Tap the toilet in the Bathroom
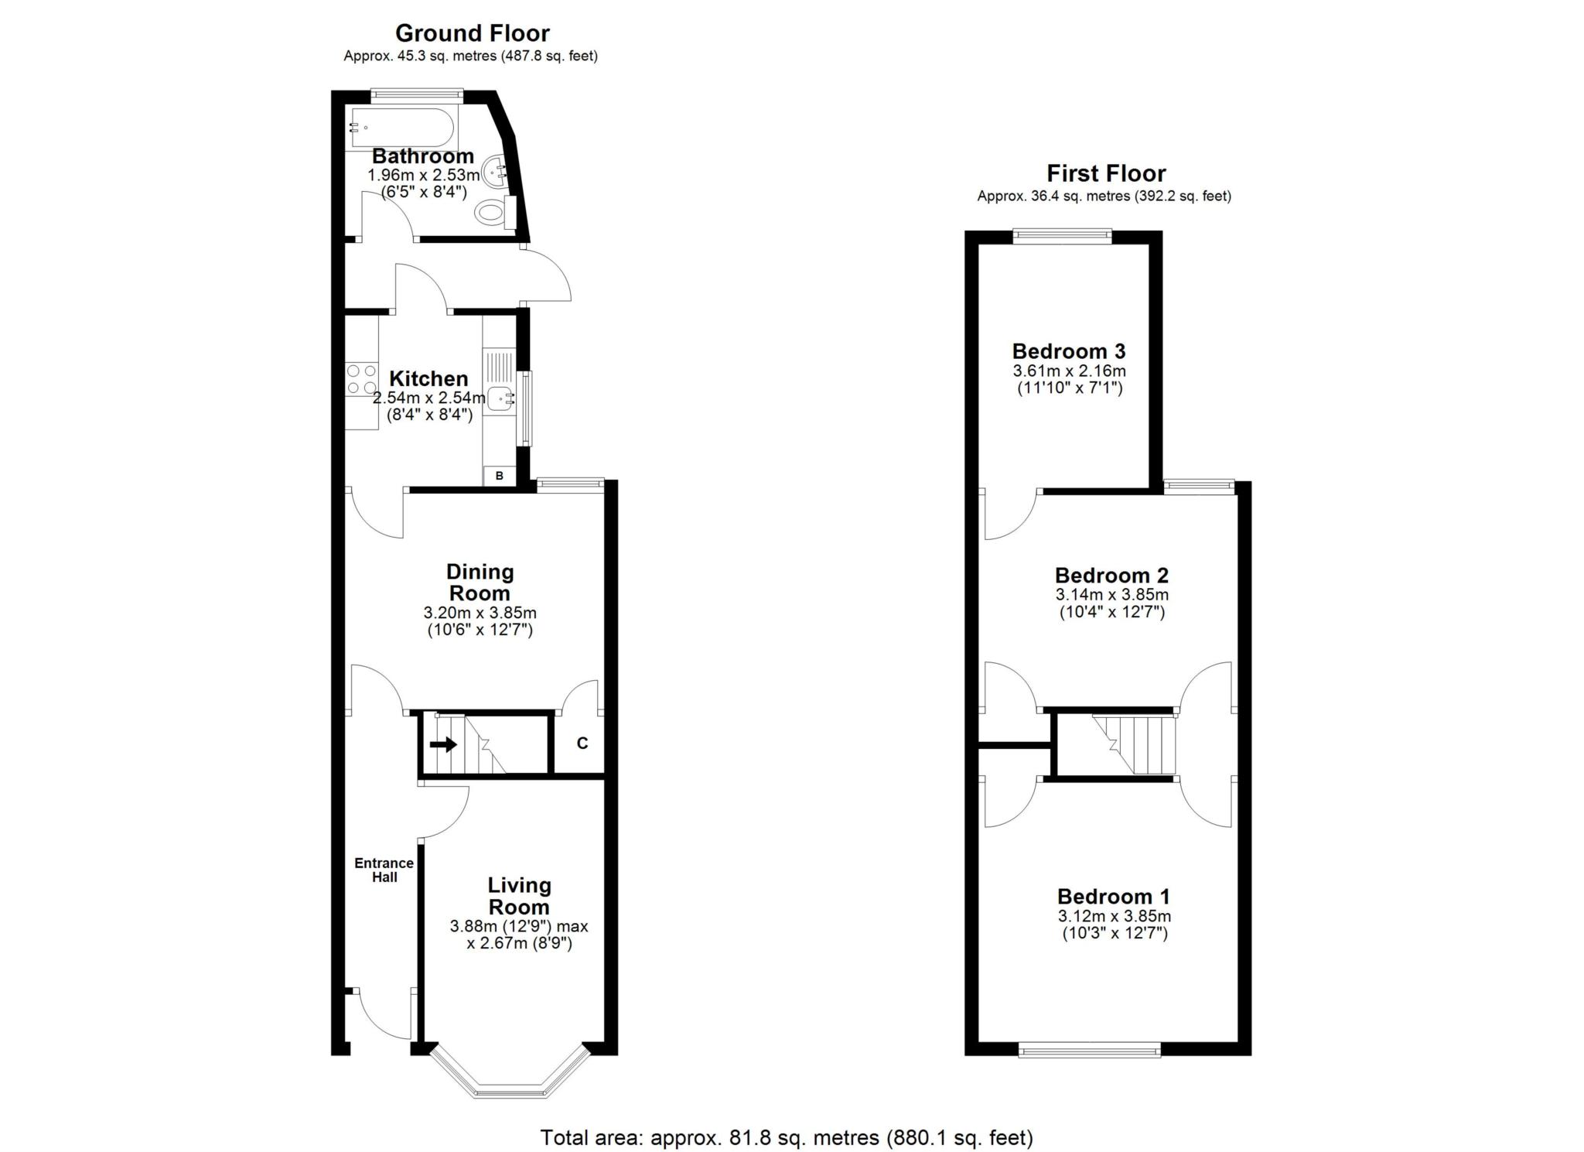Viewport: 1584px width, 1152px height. (495, 211)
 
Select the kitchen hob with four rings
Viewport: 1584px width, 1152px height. (361, 379)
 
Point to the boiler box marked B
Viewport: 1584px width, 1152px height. (500, 476)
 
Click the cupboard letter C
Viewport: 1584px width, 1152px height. (582, 744)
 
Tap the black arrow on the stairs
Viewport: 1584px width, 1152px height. (443, 745)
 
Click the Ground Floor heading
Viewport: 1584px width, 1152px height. (472, 33)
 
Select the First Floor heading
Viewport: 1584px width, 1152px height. (1106, 173)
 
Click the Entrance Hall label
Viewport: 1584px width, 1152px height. (384, 870)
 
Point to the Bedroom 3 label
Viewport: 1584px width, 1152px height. (1069, 351)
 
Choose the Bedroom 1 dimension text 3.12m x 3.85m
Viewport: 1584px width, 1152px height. (1115, 917)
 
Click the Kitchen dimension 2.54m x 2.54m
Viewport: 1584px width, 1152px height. (429, 398)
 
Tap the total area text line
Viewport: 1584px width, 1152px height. (787, 1138)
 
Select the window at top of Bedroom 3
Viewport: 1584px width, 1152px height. (1063, 235)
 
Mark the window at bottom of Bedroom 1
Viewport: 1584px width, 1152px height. (1090, 1050)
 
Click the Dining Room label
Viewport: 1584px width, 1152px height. (480, 583)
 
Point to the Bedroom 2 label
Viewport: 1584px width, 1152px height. (1111, 576)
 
